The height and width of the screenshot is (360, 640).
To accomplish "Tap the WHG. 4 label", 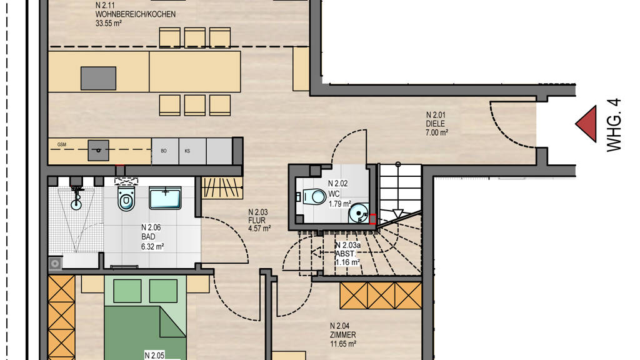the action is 614,125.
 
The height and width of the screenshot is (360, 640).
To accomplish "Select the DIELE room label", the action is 436,124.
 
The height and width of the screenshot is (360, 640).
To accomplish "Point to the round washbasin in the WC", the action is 359,212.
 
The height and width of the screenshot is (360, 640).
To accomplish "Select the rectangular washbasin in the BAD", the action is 165,198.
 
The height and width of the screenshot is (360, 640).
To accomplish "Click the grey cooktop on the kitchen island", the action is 98,78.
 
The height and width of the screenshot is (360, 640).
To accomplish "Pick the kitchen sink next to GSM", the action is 99,150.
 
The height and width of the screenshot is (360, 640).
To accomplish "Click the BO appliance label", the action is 164,151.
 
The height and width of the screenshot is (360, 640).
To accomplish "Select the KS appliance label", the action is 187,151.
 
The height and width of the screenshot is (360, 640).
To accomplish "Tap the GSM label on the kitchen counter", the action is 62,144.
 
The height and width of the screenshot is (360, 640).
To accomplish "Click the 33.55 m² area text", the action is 109,23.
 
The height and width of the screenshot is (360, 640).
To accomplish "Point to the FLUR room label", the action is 257,221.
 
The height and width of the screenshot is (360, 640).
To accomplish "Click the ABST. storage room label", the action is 344,254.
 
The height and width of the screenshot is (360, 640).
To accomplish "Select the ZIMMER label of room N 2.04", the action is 343,335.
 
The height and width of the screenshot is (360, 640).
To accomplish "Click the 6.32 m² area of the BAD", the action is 152,246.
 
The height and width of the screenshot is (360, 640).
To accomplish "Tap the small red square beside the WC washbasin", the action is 372,219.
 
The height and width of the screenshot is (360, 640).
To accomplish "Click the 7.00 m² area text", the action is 437,132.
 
